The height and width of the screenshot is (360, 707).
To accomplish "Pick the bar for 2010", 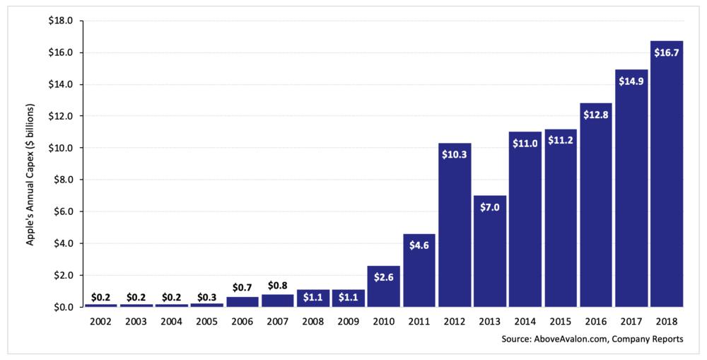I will click(384, 290).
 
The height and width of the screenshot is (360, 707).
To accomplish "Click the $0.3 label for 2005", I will click(207, 297).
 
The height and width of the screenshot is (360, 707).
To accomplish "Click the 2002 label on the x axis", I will click(101, 321).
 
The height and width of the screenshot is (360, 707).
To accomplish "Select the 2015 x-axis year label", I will click(561, 321).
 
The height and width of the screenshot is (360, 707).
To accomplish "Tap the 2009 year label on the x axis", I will click(349, 321).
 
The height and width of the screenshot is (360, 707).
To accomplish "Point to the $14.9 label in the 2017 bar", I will click(631, 81).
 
